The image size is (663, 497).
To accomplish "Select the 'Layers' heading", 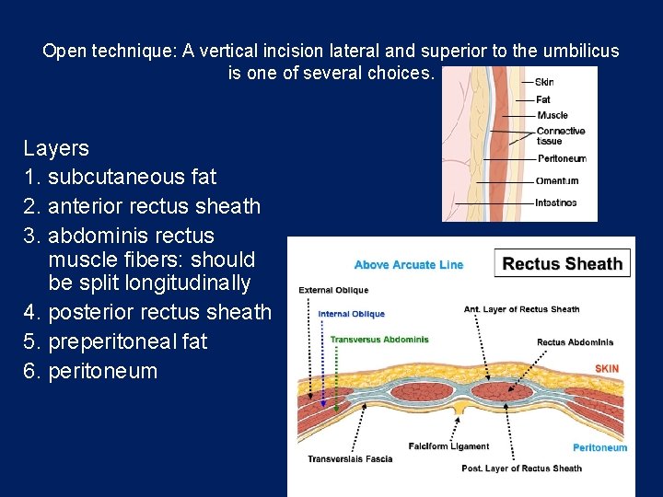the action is (x=56, y=148).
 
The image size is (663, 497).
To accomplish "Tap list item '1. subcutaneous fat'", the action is (x=120, y=177).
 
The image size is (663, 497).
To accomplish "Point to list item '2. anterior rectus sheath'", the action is (x=142, y=206).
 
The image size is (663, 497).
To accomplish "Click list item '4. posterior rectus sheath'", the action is (x=147, y=312).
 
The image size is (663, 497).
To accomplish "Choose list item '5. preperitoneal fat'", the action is (x=115, y=341).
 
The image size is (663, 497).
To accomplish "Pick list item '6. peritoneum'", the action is (x=90, y=371).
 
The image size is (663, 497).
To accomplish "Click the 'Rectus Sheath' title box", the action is (x=563, y=264).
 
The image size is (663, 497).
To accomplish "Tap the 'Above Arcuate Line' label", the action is (x=409, y=265).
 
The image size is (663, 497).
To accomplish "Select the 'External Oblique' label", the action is (x=333, y=291).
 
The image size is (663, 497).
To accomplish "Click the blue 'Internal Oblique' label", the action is (x=352, y=314).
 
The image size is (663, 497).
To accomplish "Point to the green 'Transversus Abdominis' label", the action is (x=379, y=340).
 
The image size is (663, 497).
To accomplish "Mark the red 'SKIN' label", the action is (x=607, y=368).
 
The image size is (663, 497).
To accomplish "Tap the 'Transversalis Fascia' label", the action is (x=350, y=458).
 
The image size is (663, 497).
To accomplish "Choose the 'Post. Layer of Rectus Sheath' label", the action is (x=521, y=468).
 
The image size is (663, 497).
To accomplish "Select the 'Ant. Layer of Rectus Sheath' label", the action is (x=521, y=309).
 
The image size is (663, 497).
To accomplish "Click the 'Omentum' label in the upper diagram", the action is (x=556, y=180).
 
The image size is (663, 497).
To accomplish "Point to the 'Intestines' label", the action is (x=556, y=202).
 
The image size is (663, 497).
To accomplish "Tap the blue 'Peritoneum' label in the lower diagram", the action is (x=599, y=448).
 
